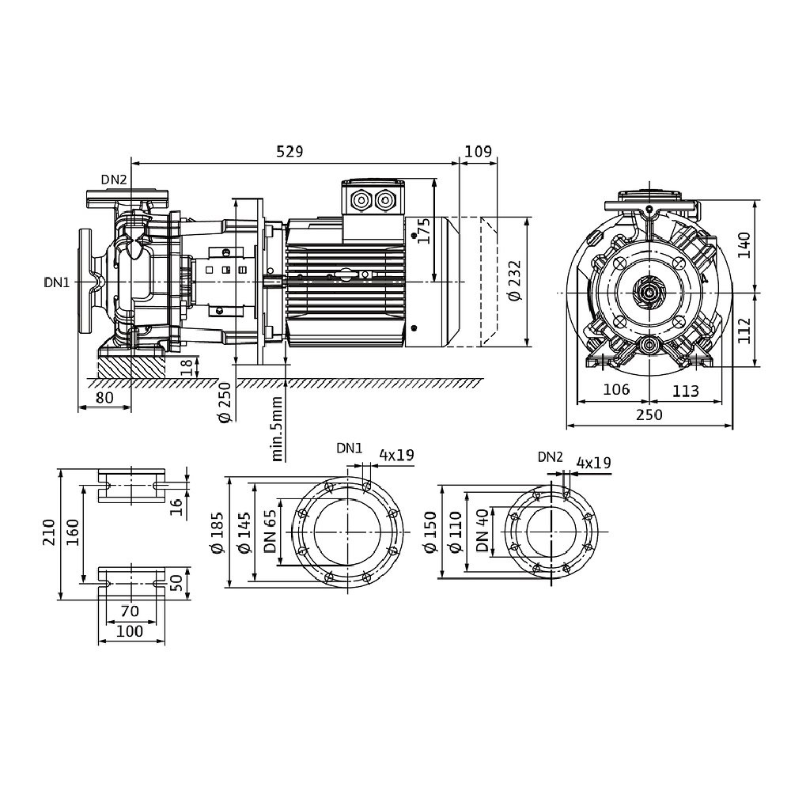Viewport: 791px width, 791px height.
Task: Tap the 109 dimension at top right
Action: coord(479,151)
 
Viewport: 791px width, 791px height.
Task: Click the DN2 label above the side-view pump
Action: coord(113,180)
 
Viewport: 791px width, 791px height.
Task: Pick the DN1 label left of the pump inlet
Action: coord(57,282)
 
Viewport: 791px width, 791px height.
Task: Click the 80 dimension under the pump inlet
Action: coord(104,398)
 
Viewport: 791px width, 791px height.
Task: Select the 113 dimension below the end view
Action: coord(687,389)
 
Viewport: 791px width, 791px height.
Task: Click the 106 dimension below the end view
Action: coord(616,389)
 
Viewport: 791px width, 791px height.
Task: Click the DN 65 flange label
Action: coord(271,530)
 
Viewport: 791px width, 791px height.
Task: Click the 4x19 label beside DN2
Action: coord(593,463)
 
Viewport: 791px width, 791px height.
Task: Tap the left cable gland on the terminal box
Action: coord(362,199)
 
